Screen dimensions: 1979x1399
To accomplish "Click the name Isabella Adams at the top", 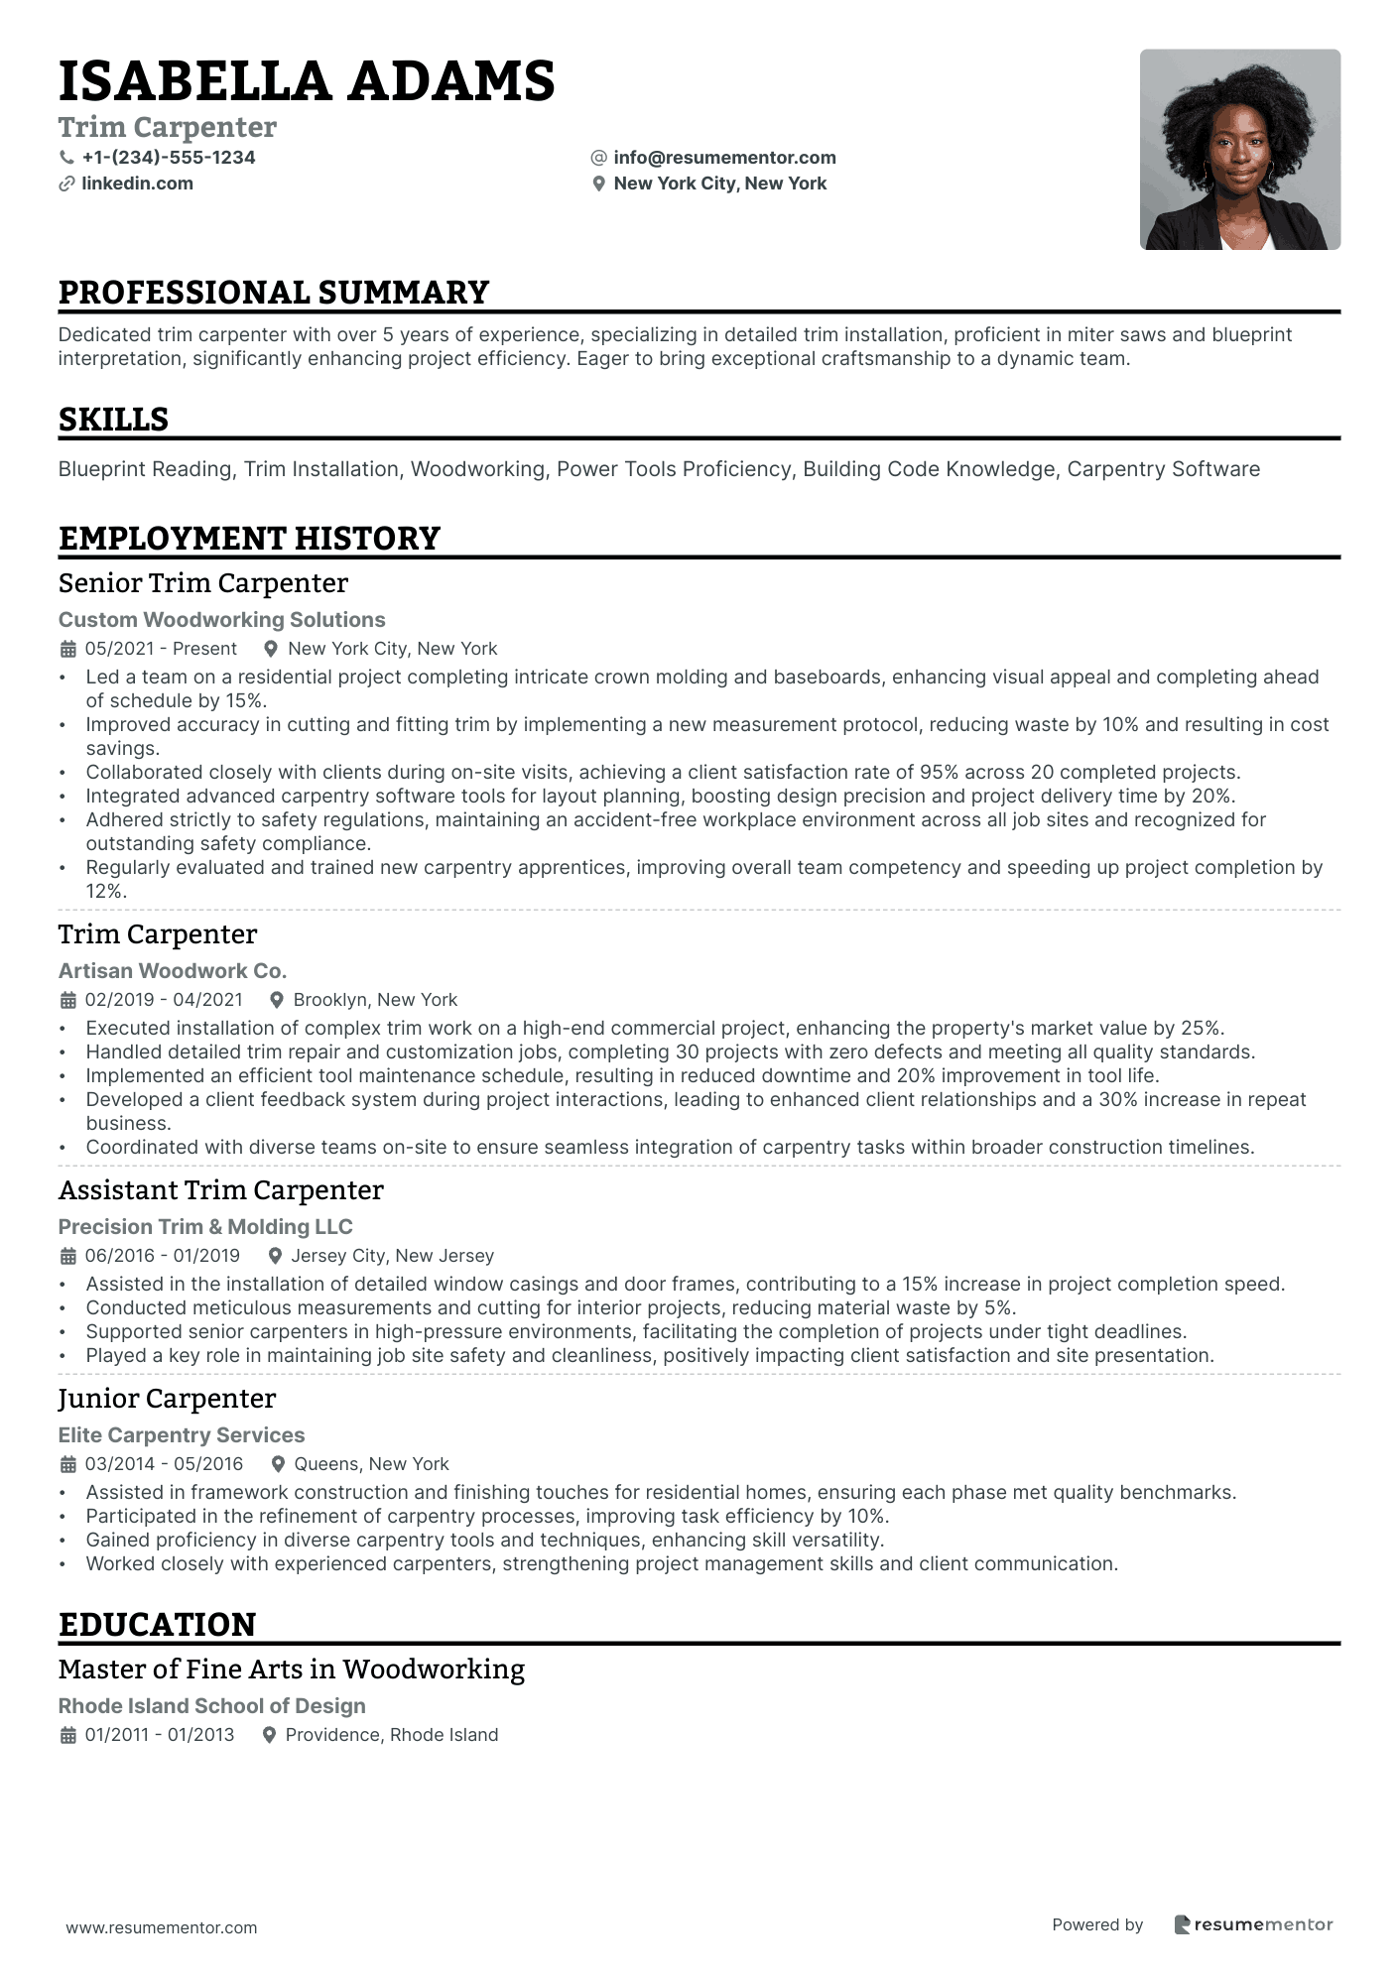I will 306,81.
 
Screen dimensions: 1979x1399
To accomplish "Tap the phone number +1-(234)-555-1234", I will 168,158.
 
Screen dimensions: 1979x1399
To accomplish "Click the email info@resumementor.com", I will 724,158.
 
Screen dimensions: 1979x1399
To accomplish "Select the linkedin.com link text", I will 137,184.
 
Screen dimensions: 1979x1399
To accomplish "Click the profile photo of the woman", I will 1239,150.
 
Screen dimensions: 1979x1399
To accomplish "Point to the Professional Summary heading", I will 274,293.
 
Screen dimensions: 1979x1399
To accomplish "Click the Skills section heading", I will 113,420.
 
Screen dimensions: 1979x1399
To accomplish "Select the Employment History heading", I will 249,539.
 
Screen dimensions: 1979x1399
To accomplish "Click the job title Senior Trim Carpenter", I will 203,583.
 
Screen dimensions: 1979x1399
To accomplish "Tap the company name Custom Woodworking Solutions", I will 221,620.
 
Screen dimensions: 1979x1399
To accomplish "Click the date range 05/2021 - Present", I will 161,649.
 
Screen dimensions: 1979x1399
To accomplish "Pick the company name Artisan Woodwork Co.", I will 172,971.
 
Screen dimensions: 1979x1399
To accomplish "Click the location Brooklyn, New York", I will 375,1000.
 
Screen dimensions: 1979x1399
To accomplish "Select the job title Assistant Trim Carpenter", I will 220,1190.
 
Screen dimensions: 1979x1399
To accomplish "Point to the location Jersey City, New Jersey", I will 392,1256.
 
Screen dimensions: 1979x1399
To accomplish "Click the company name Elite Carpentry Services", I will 182,1435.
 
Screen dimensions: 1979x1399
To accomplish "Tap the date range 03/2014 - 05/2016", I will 164,1464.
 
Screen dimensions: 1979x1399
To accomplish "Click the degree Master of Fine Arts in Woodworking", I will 292,1670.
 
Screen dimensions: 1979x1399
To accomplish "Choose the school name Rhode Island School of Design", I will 211,1706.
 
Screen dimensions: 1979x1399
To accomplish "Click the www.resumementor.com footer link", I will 162,1927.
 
